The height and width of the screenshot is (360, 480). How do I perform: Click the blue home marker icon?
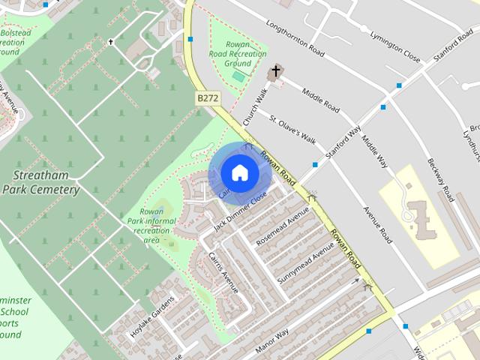(x=239, y=172)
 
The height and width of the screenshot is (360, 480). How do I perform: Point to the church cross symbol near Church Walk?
(x=275, y=73)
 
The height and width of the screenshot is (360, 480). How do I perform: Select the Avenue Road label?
(x=377, y=225)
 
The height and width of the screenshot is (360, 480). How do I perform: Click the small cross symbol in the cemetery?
(x=111, y=42)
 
